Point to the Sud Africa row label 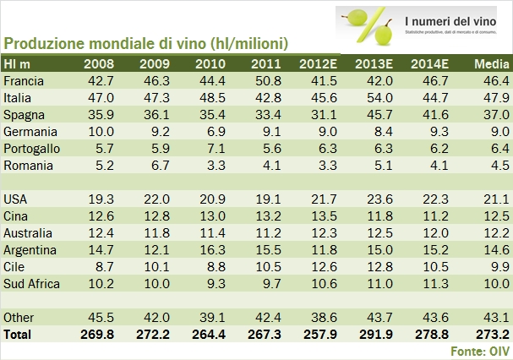32,283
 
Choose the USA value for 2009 155,198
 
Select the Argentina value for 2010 210,249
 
